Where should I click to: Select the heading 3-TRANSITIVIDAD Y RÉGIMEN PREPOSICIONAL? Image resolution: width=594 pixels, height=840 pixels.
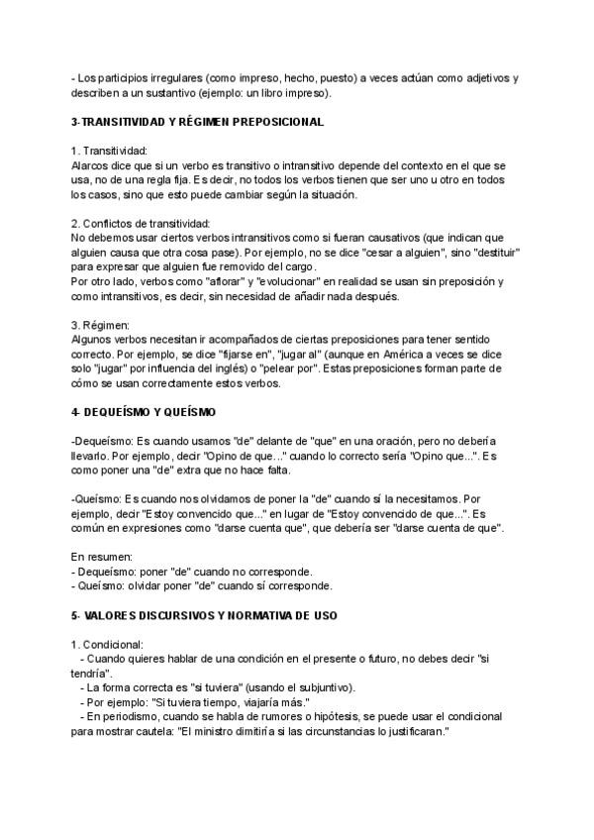point(198,121)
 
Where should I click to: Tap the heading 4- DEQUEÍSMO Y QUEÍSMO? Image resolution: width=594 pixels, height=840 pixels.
point(144,411)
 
